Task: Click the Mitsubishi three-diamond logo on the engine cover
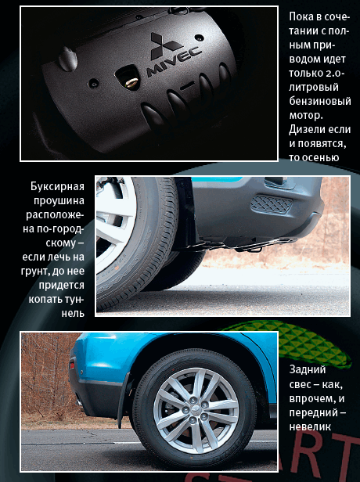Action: (x=164, y=45)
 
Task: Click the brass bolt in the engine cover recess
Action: (x=131, y=82)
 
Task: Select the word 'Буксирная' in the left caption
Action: (x=57, y=186)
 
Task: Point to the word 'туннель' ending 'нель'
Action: (x=73, y=314)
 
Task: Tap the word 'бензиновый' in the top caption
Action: (x=320, y=101)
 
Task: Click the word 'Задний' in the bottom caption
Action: (x=308, y=369)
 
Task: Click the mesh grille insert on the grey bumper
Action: (x=271, y=204)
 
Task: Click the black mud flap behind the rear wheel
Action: (x=124, y=400)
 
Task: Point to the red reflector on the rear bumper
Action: (x=72, y=365)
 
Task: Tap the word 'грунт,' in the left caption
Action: (x=35, y=272)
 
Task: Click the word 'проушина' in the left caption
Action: (x=59, y=201)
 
